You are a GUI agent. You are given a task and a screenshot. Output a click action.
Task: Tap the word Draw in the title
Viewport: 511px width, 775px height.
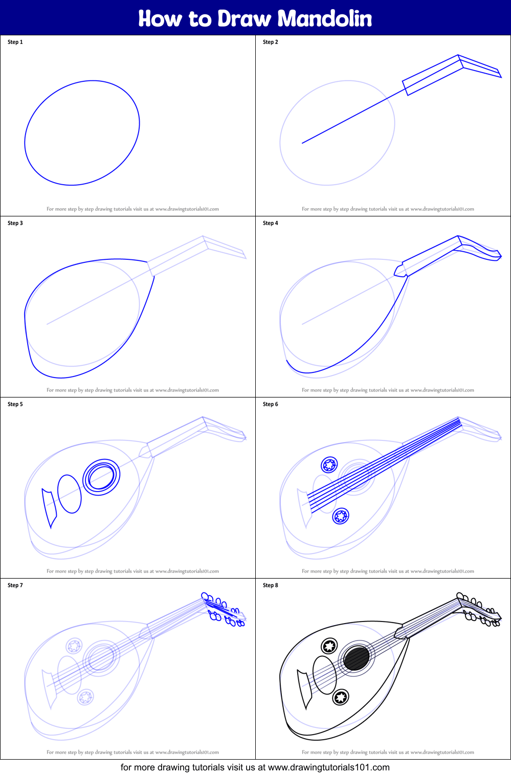point(244,18)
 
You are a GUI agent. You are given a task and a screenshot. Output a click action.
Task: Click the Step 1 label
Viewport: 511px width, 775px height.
point(15,42)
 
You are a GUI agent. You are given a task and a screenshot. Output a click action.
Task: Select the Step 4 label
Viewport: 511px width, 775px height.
point(271,223)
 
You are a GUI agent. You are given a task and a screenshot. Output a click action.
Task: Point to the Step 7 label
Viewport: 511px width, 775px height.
point(15,585)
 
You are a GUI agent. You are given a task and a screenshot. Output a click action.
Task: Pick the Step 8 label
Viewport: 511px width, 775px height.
point(271,585)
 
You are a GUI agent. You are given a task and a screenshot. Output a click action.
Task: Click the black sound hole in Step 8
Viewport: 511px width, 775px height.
point(356,658)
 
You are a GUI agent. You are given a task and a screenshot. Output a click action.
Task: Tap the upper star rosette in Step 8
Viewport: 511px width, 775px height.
point(329,646)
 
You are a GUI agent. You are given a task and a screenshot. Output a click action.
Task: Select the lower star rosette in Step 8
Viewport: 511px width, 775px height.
point(340,697)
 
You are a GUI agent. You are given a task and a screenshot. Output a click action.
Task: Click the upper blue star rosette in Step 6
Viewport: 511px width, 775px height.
point(329,465)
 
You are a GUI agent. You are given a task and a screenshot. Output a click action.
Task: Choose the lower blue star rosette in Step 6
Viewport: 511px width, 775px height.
point(340,516)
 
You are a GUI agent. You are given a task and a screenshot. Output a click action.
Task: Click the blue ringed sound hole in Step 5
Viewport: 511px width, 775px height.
point(101,477)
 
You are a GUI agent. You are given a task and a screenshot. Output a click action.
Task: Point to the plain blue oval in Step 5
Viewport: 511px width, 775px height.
point(70,494)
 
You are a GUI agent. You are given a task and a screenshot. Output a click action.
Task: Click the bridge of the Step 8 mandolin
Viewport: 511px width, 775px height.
point(304,689)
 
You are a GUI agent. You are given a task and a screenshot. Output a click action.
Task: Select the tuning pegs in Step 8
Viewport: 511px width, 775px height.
point(479,610)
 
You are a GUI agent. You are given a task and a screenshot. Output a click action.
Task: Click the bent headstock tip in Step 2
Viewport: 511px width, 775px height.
point(481,67)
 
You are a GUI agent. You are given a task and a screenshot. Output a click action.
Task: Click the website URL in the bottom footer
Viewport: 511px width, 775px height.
point(328,767)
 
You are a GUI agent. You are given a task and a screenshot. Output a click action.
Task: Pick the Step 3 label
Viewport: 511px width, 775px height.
point(15,223)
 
